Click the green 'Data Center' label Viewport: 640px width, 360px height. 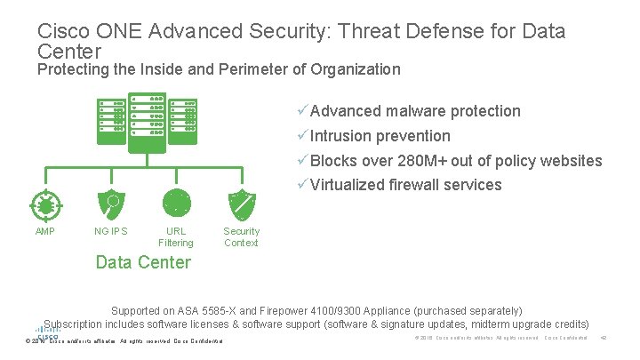point(142,262)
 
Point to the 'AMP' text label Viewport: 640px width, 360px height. point(45,232)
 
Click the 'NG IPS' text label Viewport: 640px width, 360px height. point(111,232)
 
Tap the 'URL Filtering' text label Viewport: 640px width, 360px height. point(176,237)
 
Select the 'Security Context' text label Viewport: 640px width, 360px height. point(242,237)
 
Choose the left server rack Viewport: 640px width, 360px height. point(113,119)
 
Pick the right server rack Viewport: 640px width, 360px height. point(183,119)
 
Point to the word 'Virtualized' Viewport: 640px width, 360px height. point(348,186)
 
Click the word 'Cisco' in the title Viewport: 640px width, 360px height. point(60,32)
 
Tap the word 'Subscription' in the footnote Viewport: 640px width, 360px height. point(76,324)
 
